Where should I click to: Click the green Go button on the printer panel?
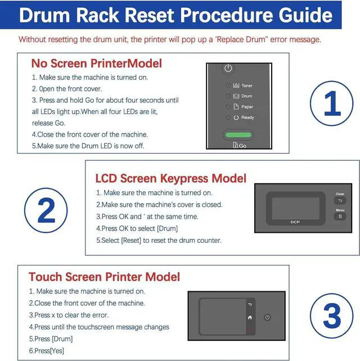tap(238, 135)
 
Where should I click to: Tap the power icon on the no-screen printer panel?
tap(228, 68)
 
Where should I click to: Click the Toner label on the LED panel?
tap(247, 85)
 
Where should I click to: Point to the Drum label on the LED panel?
tap(247, 96)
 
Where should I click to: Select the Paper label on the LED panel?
tap(247, 107)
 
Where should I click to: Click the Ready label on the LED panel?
tap(247, 118)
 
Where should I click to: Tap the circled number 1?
tap(331, 103)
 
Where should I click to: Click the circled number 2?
tap(46, 210)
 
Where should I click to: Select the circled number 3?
tap(331, 315)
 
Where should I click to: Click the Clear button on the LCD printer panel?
tap(340, 201)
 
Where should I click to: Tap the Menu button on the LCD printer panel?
tap(340, 216)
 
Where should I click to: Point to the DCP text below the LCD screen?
tap(295, 222)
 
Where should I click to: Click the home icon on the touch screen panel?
tap(250, 318)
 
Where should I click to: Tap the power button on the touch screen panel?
tap(267, 317)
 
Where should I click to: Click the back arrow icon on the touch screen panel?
tap(250, 304)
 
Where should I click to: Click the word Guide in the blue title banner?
tap(305, 15)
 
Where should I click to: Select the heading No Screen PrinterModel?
tap(97, 64)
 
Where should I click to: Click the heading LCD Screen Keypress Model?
tap(170, 178)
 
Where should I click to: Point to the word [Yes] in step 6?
tap(57, 351)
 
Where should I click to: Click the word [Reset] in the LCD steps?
tap(131, 240)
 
